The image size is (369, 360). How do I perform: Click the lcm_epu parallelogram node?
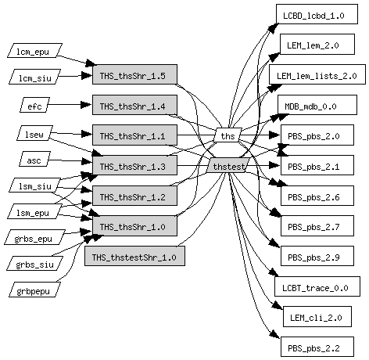pos(34,50)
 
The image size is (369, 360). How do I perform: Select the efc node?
pos(35,105)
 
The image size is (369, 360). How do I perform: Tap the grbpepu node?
pos(34,290)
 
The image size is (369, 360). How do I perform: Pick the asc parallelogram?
pos(35,159)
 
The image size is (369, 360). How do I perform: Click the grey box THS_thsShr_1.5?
pos(134,74)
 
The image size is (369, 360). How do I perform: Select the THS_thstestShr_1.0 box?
pos(134,256)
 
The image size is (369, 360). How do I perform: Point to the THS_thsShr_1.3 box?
pos(134,165)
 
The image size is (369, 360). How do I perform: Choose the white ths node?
pos(227,135)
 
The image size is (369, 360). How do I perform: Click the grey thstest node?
pos(228,165)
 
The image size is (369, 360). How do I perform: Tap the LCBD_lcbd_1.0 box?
pos(317,14)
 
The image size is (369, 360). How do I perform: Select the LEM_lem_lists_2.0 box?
pos(317,74)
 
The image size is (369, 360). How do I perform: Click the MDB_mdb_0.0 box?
pos(317,105)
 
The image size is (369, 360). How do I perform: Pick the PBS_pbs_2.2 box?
pos(317,347)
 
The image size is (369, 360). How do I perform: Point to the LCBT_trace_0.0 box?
pos(317,286)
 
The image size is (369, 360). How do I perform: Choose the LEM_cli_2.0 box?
pos(317,316)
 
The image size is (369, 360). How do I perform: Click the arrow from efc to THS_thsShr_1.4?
pos(70,105)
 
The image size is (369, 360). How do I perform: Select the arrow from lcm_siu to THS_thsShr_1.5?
pos(75,76)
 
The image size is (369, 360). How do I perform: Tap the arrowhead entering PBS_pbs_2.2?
pos(275,334)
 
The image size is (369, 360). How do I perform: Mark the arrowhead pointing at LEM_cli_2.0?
pos(278,305)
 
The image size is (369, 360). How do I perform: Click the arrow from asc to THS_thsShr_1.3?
pos(70,160)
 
